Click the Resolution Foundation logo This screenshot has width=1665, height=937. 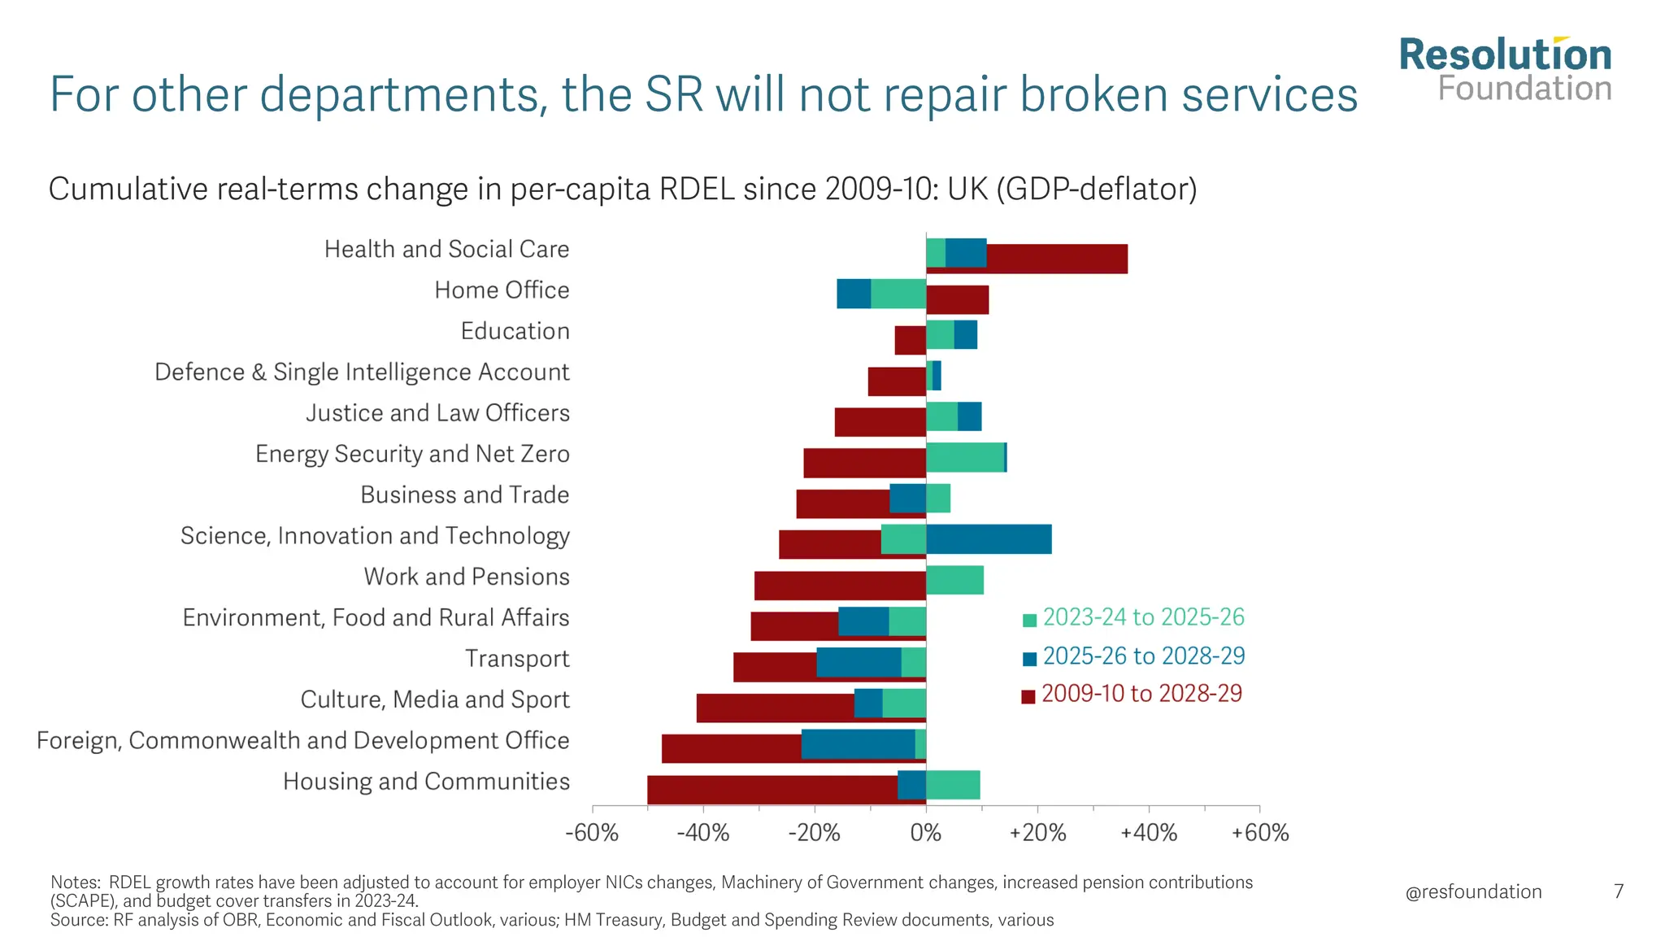tap(1505, 70)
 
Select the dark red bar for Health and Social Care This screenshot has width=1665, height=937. tap(1057, 259)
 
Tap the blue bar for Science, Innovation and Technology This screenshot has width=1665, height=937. tap(989, 539)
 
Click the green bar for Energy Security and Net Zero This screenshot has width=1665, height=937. tap(965, 457)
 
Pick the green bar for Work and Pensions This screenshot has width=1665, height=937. tap(954, 580)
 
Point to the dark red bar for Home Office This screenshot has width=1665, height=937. tap(957, 300)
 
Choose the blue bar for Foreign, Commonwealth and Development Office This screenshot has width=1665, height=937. tap(858, 744)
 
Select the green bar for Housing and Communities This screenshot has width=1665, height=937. tap(953, 785)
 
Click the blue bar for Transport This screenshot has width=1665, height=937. tap(859, 662)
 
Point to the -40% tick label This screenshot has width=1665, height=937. tap(703, 833)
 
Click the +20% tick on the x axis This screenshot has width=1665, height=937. tap(1037, 833)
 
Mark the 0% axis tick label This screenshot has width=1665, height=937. tap(926, 833)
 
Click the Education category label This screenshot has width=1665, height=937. tap(515, 331)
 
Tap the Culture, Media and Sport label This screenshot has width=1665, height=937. tap(435, 699)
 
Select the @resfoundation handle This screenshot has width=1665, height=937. tap(1473, 891)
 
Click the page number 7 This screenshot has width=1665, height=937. tap(1619, 891)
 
